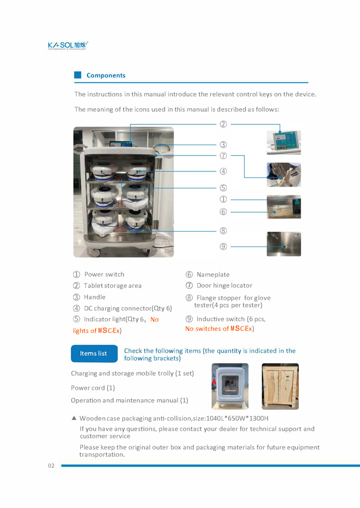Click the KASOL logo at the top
click(68, 46)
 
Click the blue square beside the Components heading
click(78, 75)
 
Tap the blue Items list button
click(94, 354)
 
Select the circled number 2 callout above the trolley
click(223, 124)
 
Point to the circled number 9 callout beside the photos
click(223, 246)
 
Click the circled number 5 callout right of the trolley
click(223, 187)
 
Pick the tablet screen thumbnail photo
click(284, 143)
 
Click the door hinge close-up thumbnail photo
click(284, 175)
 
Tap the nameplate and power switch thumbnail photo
click(284, 207)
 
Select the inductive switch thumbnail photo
click(284, 244)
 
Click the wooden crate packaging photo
click(280, 386)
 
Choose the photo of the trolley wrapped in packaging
click(230, 386)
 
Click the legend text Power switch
click(104, 275)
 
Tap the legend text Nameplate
click(213, 275)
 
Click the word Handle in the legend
click(94, 297)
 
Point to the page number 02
click(51, 466)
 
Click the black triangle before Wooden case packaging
click(74, 418)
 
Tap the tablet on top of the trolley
click(121, 144)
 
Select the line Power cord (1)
click(93, 388)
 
